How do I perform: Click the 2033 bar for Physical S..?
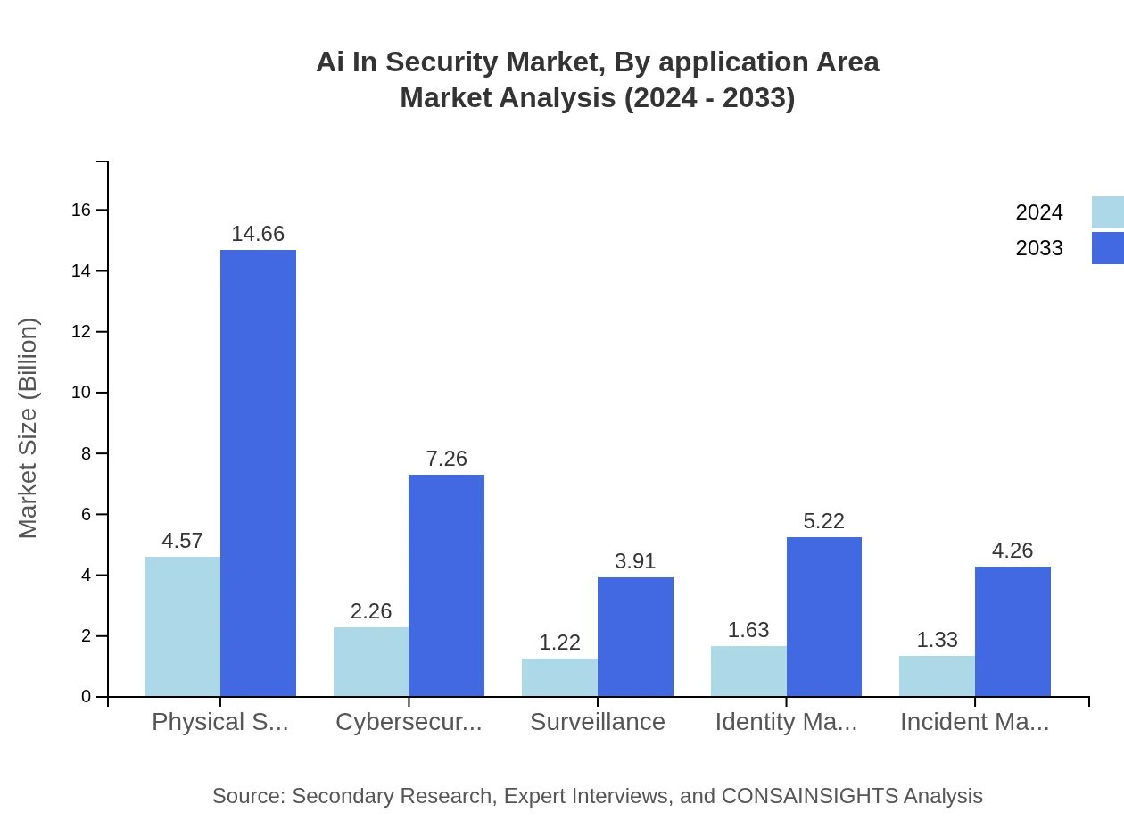coord(258,473)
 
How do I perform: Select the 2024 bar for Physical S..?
coord(182,626)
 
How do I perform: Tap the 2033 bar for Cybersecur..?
coord(446,585)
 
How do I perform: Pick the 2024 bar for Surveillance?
coord(559,677)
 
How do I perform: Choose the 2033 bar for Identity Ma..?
coord(824,617)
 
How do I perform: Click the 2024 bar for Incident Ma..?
coord(937,676)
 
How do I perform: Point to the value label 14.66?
coord(258,234)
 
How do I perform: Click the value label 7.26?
coord(446,459)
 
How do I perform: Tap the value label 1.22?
coord(559,643)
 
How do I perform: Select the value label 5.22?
coord(823,521)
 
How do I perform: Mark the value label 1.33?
coord(937,640)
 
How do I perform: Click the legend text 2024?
coord(1038,212)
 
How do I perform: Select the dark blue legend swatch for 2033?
coord(1107,248)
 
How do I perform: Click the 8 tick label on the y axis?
coord(87,453)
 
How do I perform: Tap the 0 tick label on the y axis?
coord(87,697)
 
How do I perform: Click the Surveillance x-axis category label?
coord(597,722)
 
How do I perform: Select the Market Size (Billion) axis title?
coord(28,428)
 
